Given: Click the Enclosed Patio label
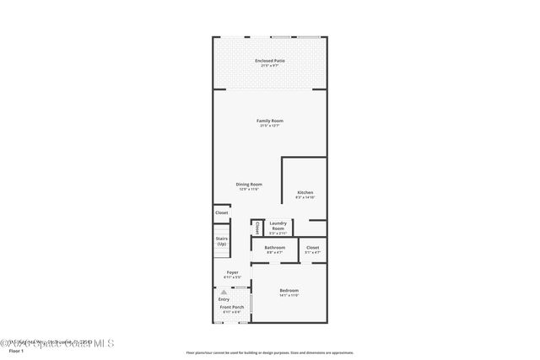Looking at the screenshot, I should (270, 61).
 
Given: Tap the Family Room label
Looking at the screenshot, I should (270, 121).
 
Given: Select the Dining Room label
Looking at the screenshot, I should (249, 184).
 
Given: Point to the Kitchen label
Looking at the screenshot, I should (305, 192).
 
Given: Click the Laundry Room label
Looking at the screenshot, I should (278, 225).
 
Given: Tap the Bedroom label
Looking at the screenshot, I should (289, 290).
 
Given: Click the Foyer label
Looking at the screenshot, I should (232, 272).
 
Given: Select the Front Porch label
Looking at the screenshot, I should (232, 307).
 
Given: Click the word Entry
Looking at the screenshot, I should (224, 299).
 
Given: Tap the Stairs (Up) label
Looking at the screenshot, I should (221, 241).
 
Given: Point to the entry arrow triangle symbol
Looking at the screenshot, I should (224, 292).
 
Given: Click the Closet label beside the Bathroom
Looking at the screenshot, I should (312, 247).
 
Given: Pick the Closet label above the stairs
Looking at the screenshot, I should (221, 212).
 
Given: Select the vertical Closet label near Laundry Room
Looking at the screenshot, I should (256, 226).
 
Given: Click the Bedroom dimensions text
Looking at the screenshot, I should (289, 295).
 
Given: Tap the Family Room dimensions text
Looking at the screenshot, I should (270, 126).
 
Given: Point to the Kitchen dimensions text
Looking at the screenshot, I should (305, 197).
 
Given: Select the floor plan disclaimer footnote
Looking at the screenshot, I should (270, 352).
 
